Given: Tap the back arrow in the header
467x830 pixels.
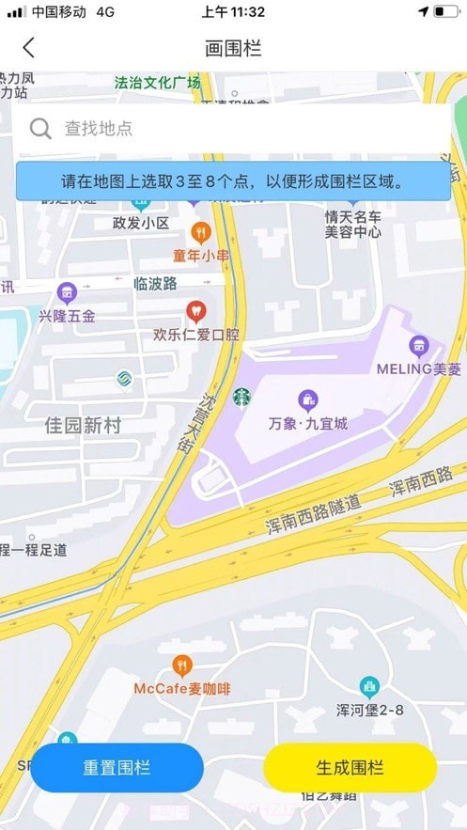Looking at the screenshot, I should (29, 47).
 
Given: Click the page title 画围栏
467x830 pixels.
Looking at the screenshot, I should (233, 48).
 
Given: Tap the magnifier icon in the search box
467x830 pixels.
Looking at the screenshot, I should (40, 129).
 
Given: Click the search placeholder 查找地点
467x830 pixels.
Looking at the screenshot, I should (98, 129).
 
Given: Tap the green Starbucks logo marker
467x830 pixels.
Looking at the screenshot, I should (242, 398).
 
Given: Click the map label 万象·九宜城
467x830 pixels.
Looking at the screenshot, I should (308, 424).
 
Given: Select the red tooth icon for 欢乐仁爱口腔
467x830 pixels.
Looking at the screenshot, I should (195, 309).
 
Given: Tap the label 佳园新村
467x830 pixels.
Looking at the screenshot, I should (84, 426).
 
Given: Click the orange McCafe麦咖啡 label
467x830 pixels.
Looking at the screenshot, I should (181, 689).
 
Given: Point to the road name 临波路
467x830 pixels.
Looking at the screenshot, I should (155, 283).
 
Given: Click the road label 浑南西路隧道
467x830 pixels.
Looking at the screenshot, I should (313, 515).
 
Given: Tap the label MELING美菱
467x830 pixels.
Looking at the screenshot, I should (419, 369).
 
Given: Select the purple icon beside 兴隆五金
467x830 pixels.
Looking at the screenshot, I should (66, 292).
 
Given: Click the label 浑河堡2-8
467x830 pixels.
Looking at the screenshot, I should (369, 710).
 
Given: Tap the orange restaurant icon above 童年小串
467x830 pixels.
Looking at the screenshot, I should (200, 231).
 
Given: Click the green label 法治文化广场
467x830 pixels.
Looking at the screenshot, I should (157, 83).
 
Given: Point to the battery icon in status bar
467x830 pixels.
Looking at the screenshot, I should (446, 11).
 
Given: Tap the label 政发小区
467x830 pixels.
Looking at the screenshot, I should (140, 223).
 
